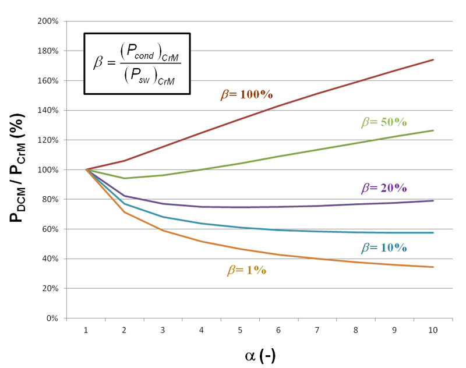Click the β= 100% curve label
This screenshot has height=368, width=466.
click(246, 95)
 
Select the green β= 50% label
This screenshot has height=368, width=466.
click(383, 123)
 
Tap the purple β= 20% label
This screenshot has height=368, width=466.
click(383, 188)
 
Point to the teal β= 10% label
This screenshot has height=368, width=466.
click(383, 247)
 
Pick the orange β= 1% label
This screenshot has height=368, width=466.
click(246, 271)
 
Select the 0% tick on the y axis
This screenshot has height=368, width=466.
click(51, 319)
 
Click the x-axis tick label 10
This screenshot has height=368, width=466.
click(433, 330)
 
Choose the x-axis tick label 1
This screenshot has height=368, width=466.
click(86, 330)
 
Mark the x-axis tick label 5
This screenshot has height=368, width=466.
click(240, 330)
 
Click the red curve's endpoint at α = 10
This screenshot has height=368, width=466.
click(433, 59)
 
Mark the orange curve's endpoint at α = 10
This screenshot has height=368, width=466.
click(433, 267)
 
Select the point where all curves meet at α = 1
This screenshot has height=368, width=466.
click(86, 169)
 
